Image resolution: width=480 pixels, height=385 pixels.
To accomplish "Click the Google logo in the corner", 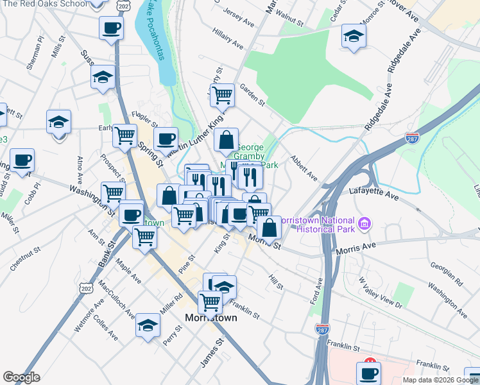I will point(22,377).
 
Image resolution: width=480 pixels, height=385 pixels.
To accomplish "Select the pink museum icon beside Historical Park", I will point(365,224).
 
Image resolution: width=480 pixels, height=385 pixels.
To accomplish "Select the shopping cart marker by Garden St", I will point(222,95).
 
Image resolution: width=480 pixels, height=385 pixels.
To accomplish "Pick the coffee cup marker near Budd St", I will point(22,160).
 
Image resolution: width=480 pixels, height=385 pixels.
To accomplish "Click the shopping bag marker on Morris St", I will point(269,227).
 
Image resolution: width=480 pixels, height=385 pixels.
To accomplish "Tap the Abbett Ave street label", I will point(304,167).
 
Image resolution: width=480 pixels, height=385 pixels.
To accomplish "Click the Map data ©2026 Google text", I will point(440,380).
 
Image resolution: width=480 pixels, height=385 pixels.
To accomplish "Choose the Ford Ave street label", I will point(316,291).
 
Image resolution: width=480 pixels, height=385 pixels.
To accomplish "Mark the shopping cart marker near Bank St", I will point(144,236).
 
